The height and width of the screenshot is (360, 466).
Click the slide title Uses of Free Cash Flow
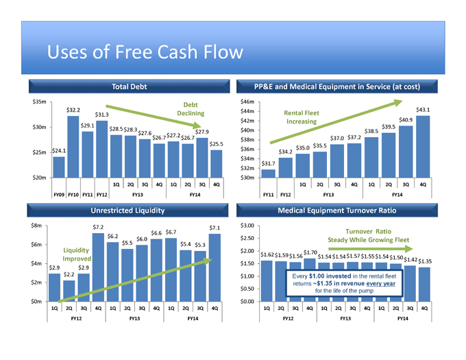coord(144,53)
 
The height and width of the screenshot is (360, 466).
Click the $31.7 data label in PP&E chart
coord(269,163)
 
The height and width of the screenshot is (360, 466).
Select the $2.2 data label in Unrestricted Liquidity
coord(69,276)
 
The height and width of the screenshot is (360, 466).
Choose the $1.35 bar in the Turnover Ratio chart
coord(424,285)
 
